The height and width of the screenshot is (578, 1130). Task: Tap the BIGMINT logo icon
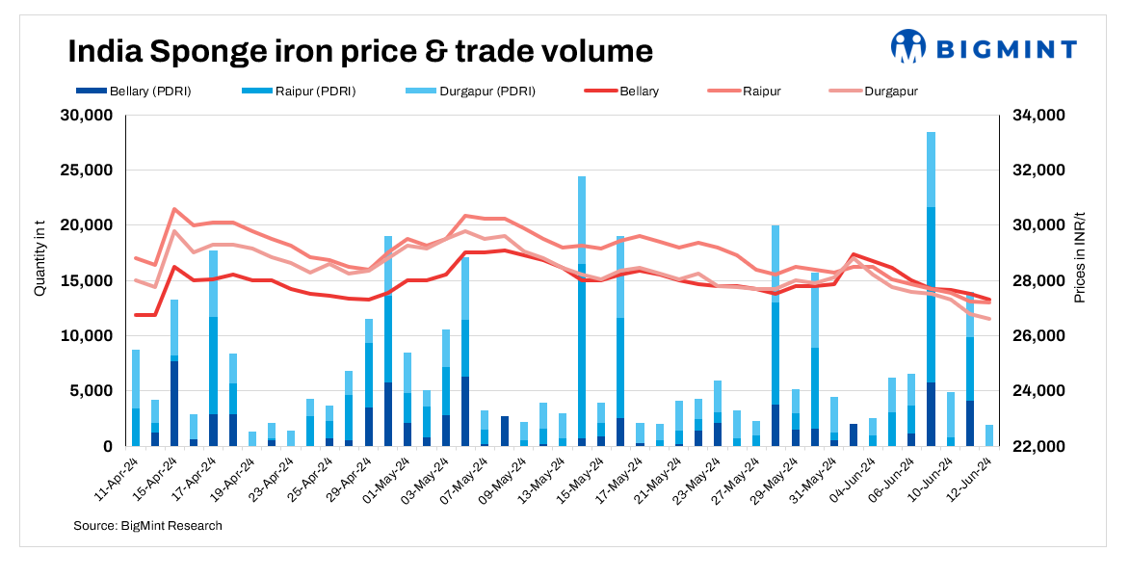(x=907, y=46)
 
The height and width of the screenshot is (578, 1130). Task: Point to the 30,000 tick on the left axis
(x=88, y=116)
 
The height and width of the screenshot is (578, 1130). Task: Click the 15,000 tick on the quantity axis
(x=88, y=281)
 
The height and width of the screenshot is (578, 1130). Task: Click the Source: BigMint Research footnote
(x=147, y=526)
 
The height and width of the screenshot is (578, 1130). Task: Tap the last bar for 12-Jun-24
(x=989, y=435)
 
